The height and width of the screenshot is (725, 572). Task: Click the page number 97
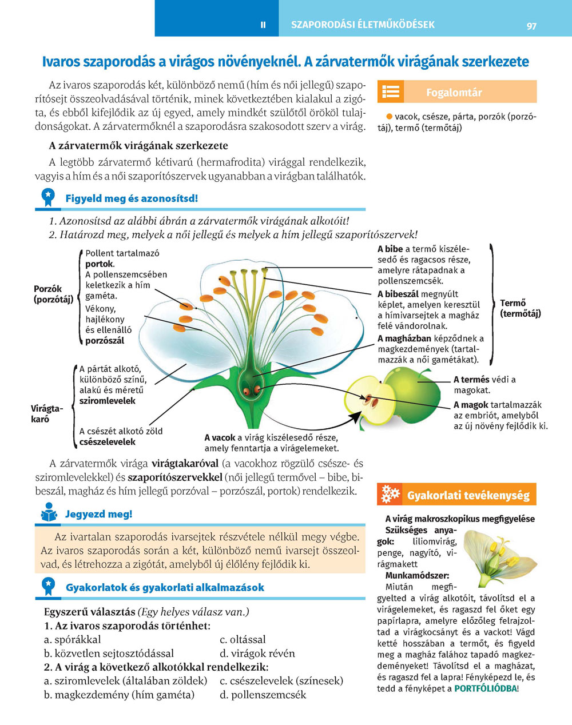click(x=531, y=25)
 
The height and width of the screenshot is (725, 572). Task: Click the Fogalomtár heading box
click(x=456, y=92)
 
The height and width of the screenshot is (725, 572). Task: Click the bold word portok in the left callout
click(x=99, y=264)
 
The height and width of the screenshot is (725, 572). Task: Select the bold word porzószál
click(x=105, y=341)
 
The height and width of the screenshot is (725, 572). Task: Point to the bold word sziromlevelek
click(x=108, y=401)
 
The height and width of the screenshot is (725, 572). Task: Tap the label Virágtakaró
click(x=46, y=413)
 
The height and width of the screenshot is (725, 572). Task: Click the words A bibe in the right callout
click(x=390, y=249)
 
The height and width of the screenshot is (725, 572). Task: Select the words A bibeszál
click(x=398, y=294)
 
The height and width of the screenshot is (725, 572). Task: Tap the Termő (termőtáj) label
click(x=520, y=308)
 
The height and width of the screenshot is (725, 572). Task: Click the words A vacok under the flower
click(x=220, y=438)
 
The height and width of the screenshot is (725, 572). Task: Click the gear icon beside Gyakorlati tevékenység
click(x=390, y=494)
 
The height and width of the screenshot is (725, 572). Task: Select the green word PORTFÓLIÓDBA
click(x=485, y=688)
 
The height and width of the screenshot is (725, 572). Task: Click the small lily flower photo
click(x=492, y=557)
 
